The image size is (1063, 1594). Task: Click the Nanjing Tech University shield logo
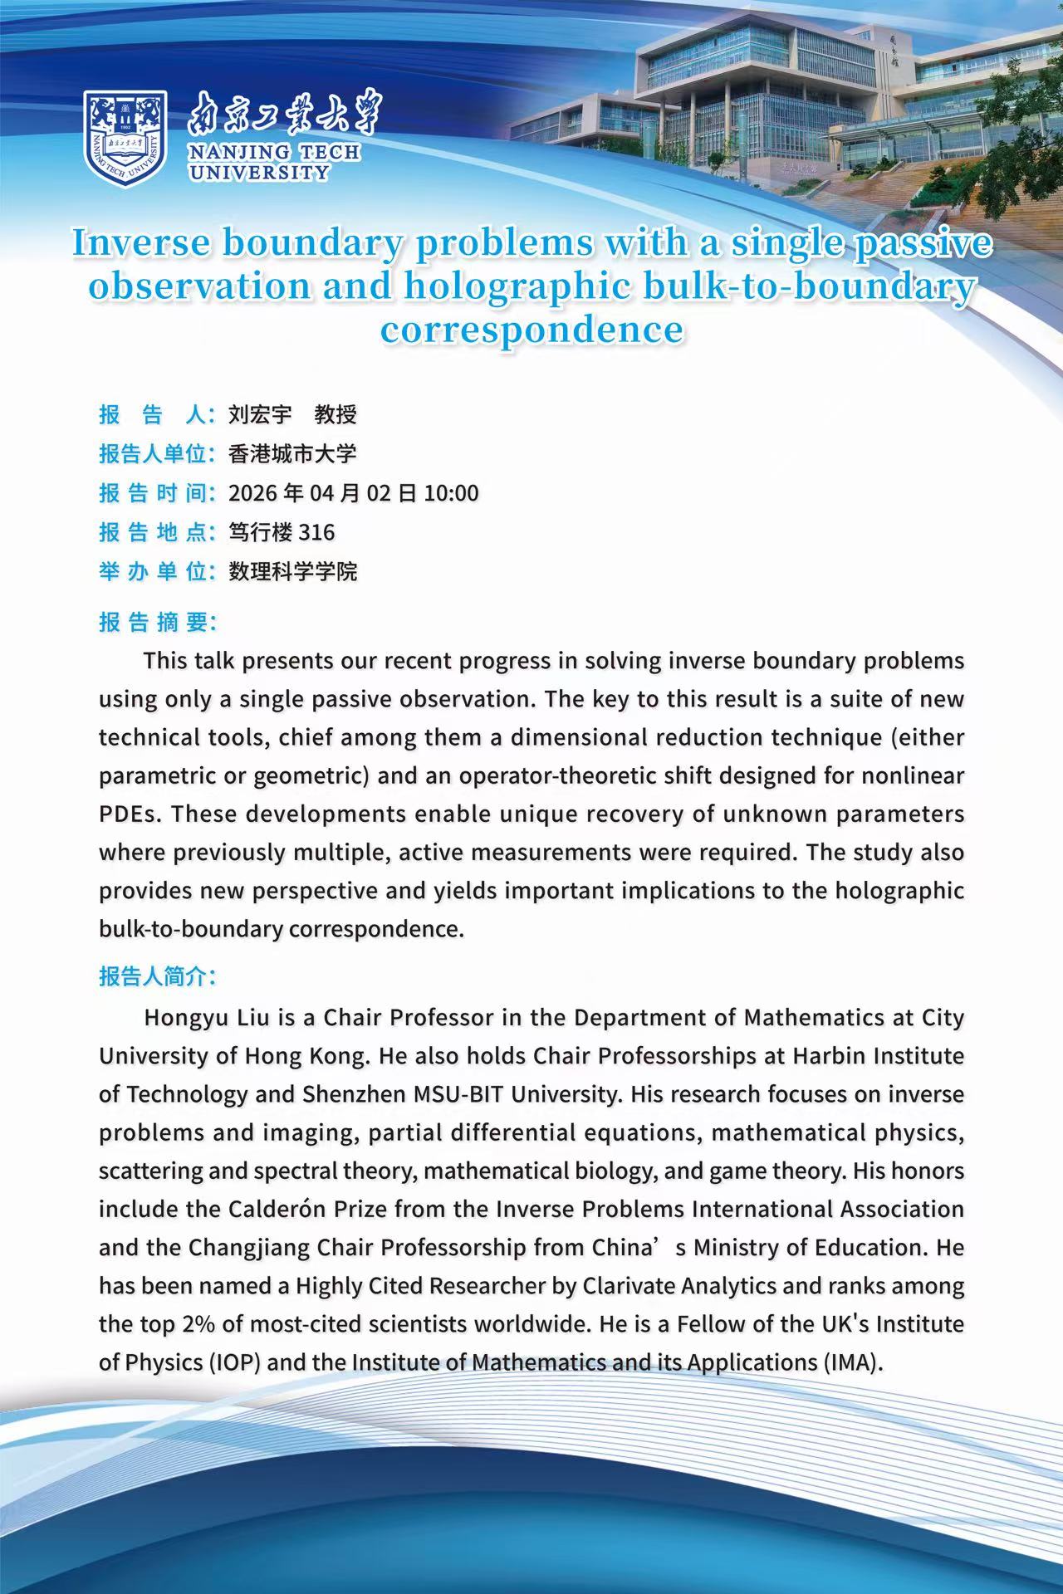click(125, 138)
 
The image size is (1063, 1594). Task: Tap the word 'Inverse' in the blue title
click(139, 243)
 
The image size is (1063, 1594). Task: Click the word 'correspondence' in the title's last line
click(531, 329)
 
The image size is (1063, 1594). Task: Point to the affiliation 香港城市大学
click(292, 453)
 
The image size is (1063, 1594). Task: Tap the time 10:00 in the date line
click(451, 493)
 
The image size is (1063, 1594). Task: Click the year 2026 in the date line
click(253, 493)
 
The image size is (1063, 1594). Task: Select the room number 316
click(316, 532)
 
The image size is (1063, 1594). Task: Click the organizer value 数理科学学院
click(292, 571)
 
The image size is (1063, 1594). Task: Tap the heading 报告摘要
click(158, 623)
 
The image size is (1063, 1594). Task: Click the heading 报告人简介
click(158, 977)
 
